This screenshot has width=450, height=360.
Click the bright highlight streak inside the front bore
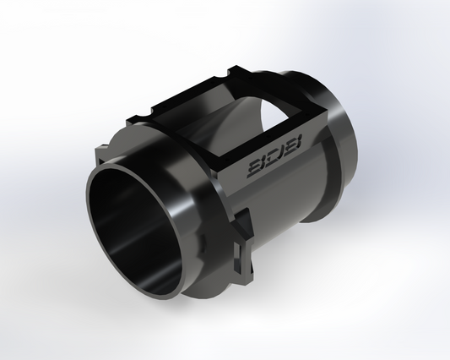coord(127,254)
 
